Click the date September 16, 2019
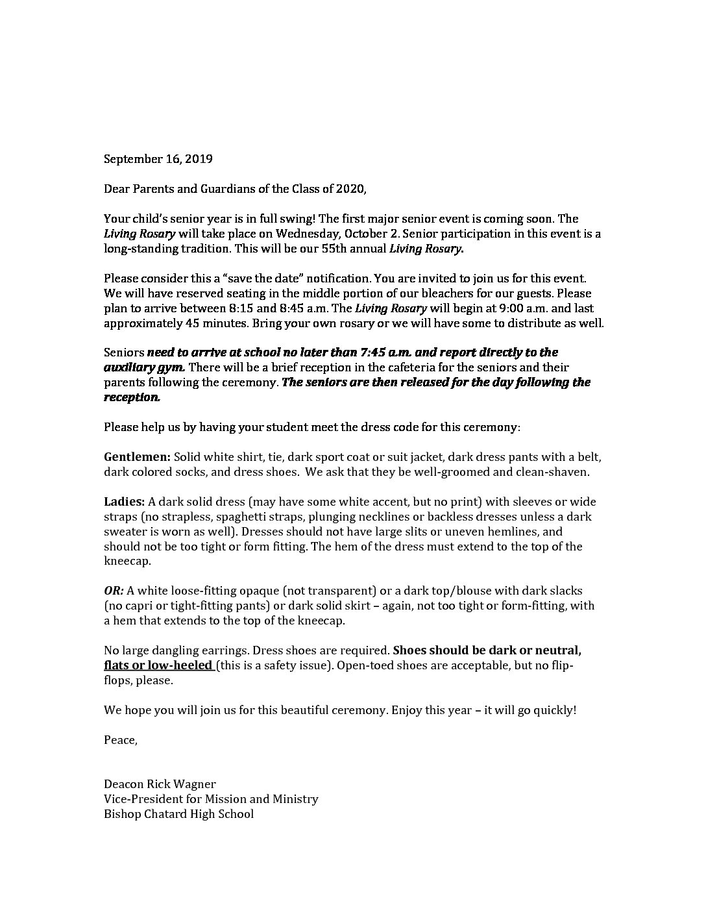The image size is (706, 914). pyautogui.click(x=158, y=158)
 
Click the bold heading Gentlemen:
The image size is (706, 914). pyautogui.click(x=137, y=457)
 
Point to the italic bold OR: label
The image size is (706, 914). pyautogui.click(x=114, y=591)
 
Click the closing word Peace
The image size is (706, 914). pyautogui.click(x=120, y=740)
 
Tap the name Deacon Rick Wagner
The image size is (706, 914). pyautogui.click(x=160, y=784)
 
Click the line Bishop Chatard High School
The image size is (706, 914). pyautogui.click(x=178, y=814)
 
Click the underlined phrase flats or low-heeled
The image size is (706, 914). pyautogui.click(x=158, y=665)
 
